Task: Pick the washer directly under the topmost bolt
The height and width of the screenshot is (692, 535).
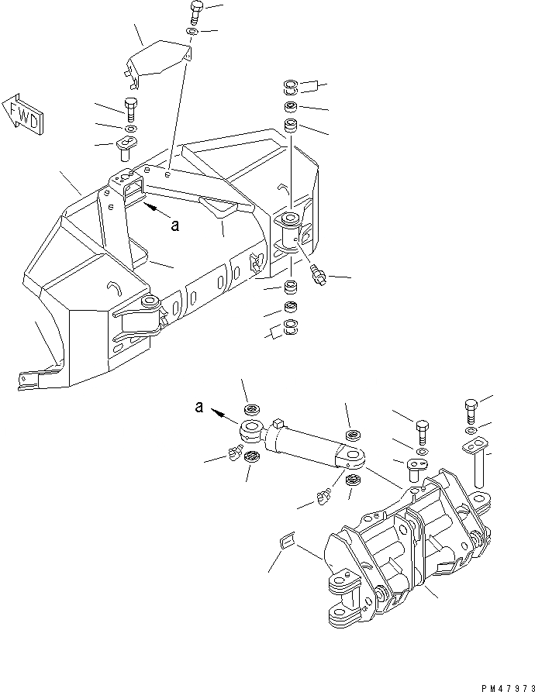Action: click(192, 33)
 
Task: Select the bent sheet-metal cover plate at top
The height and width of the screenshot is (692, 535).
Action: click(158, 60)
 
